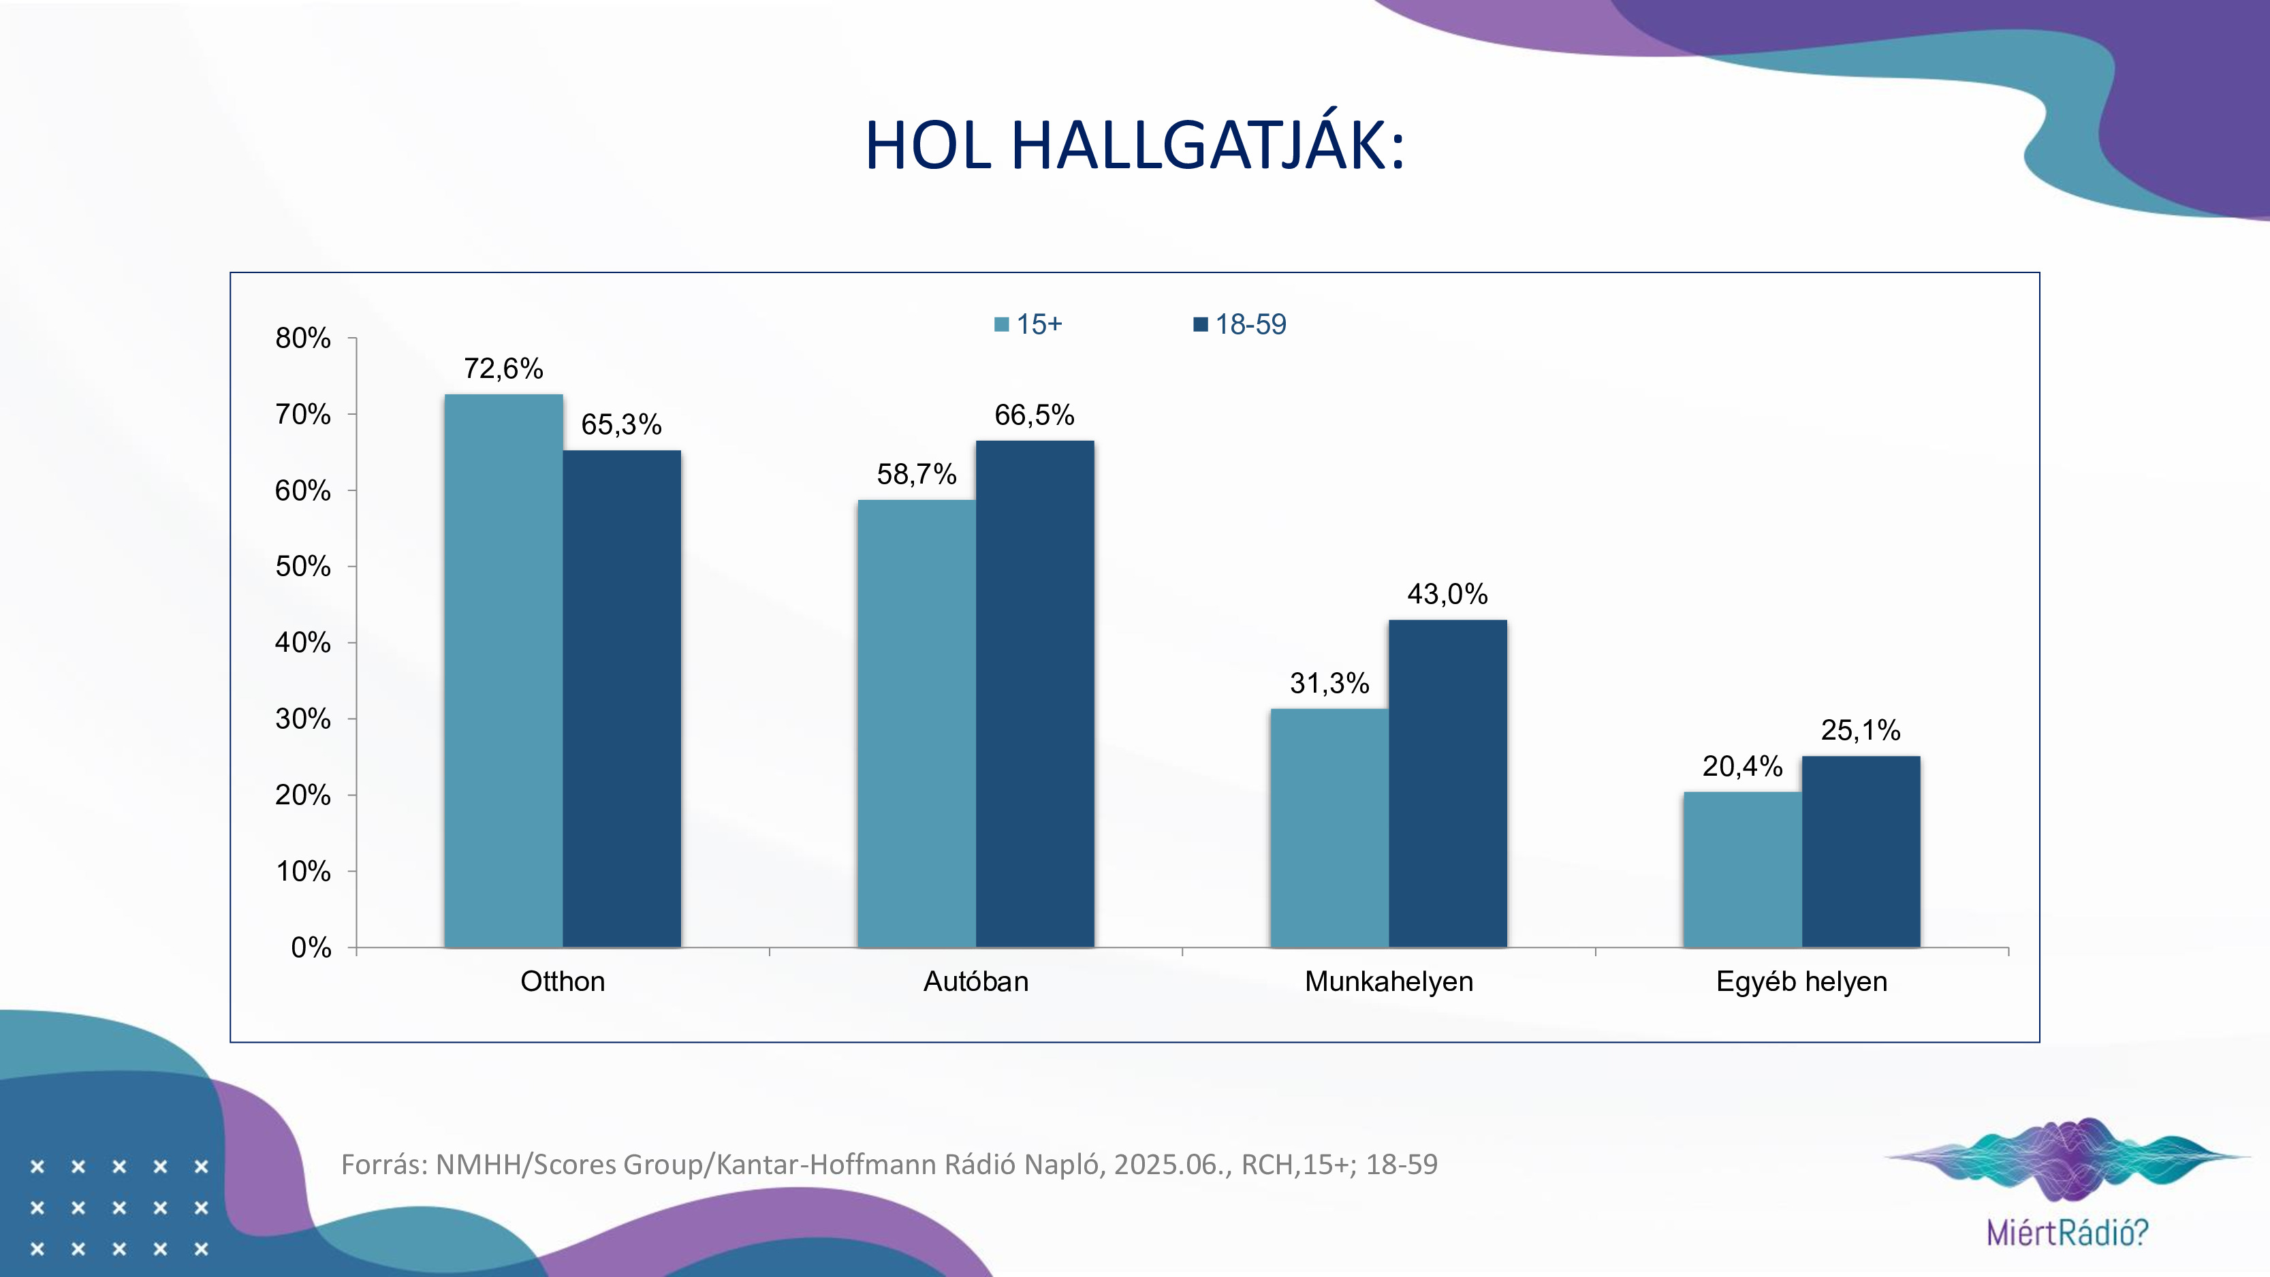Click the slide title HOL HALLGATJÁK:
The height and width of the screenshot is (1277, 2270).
point(1134,146)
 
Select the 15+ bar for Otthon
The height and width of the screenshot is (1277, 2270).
point(503,669)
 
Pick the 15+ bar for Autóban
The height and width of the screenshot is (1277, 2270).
point(917,723)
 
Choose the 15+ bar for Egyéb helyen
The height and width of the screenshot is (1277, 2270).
point(1742,869)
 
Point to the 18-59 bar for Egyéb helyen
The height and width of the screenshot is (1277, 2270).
point(1860,851)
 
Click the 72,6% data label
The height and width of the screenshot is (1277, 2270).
point(503,368)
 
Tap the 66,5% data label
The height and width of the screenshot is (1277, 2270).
point(1035,415)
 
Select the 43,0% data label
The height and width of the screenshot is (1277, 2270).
point(1447,594)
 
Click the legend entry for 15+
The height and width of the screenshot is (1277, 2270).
point(1028,324)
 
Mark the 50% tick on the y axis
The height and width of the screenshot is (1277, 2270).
point(303,566)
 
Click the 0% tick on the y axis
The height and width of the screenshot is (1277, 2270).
point(311,947)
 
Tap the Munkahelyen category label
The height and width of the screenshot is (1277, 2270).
point(1389,981)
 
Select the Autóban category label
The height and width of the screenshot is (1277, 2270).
point(975,981)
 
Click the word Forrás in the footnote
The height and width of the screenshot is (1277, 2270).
point(383,1164)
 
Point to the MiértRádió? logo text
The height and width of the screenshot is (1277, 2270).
point(2067,1232)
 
